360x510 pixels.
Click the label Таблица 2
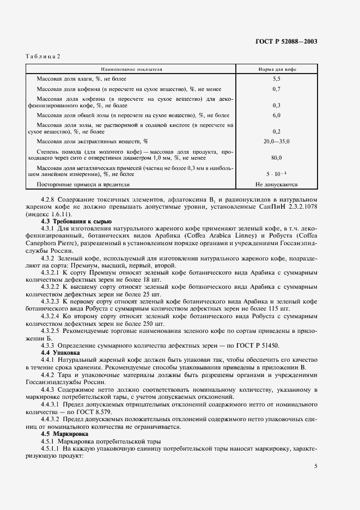[43, 56]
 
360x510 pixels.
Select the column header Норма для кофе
[276, 70]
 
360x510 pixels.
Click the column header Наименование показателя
[131, 70]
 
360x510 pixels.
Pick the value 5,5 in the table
[276, 80]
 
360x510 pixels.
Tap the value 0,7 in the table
[276, 89]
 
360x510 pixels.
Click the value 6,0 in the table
[276, 116]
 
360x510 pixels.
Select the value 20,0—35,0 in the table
[276, 142]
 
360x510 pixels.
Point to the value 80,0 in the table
[276, 158]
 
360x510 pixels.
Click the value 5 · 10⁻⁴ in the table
[276, 174]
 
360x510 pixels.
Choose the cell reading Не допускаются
[276, 184]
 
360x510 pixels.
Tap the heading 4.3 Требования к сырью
[76, 222]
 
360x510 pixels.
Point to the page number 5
[316, 466]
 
